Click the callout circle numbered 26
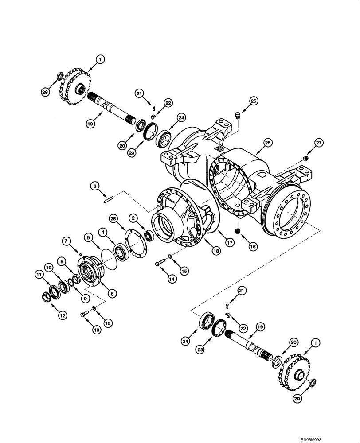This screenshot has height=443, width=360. click(x=267, y=143)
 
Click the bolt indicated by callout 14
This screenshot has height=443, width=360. click(x=160, y=264)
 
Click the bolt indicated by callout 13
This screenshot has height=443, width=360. click(x=85, y=314)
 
